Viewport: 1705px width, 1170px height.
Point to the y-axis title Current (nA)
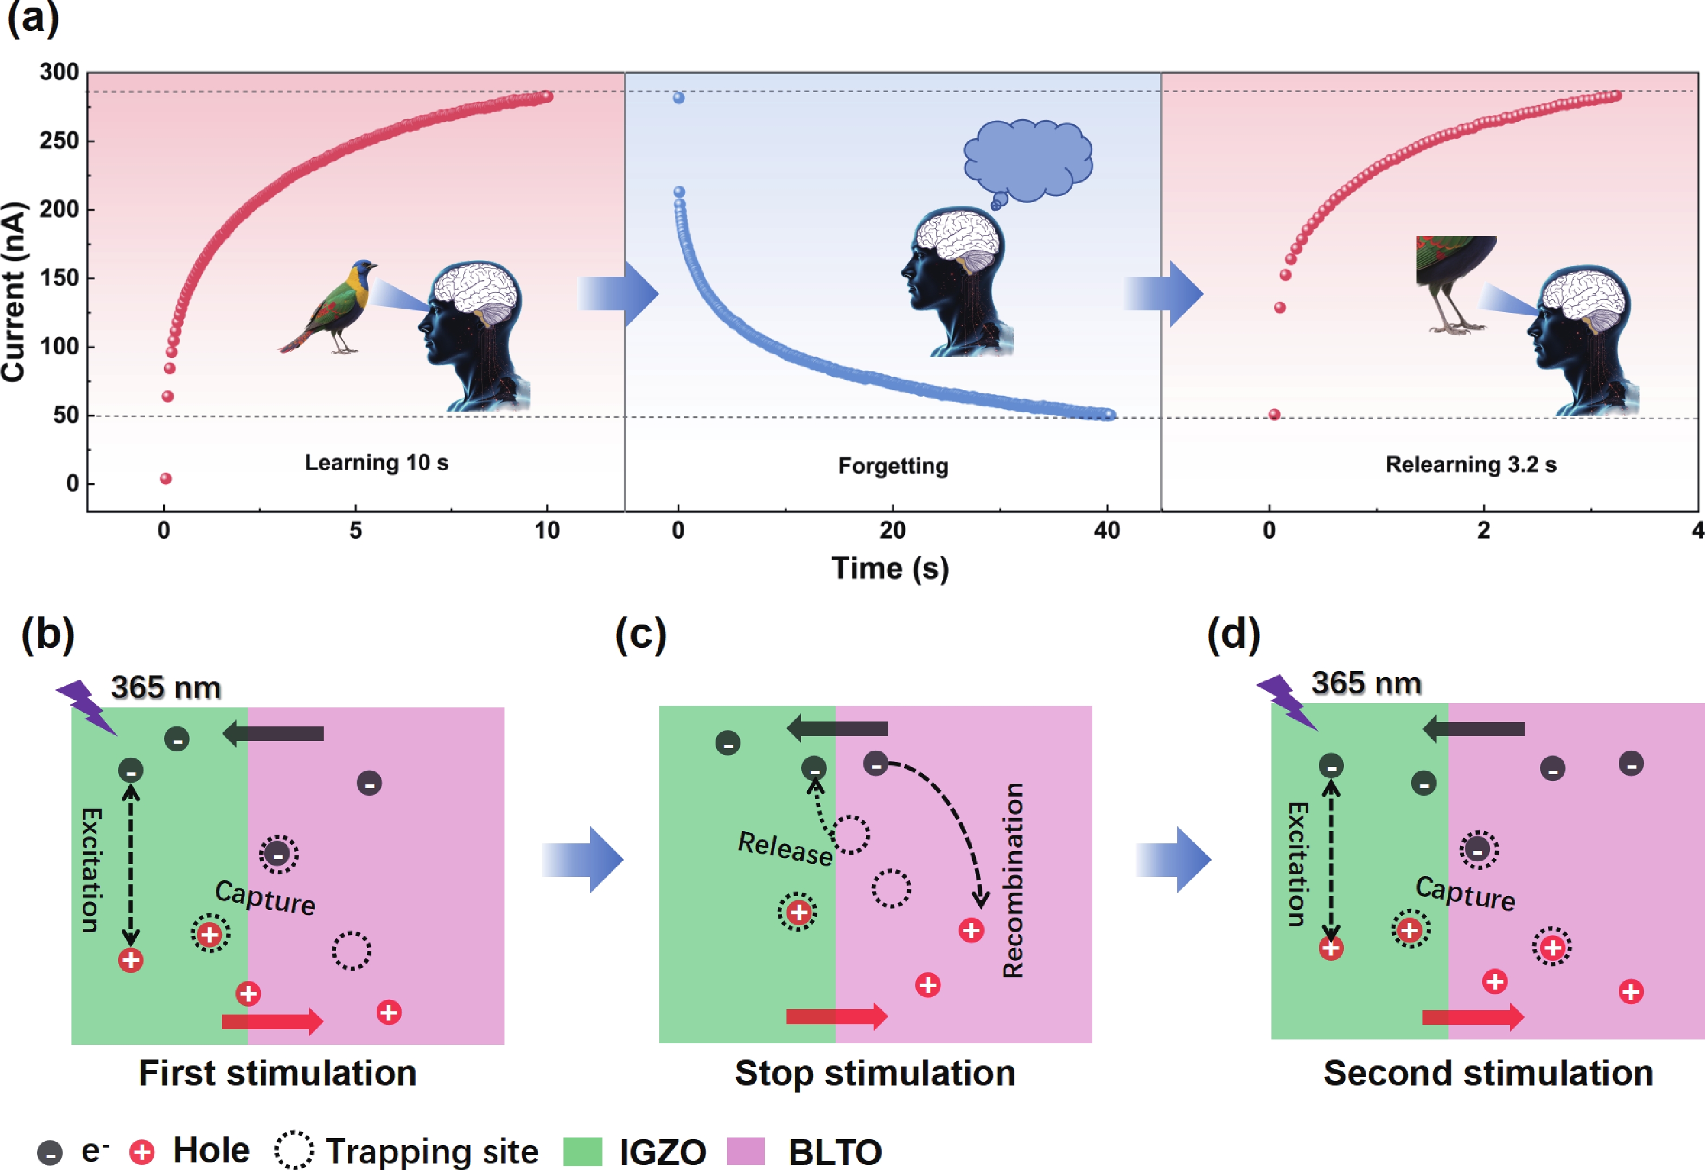pos(14,291)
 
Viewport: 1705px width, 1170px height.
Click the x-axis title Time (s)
pos(890,569)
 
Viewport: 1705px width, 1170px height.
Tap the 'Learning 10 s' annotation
pos(376,463)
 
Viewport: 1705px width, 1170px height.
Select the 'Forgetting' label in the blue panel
pos(893,465)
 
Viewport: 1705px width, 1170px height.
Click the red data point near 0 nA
pos(166,479)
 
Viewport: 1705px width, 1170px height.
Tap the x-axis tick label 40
pos(1106,530)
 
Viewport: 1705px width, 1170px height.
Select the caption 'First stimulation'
pos(277,1073)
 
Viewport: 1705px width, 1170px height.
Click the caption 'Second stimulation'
pos(1488,1073)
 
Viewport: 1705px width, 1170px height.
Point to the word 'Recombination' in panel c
pos(1013,880)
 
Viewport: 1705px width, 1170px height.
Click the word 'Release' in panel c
pos(784,848)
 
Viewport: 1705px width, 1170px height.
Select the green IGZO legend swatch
pos(582,1151)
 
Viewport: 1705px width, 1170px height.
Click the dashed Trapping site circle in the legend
pos(294,1150)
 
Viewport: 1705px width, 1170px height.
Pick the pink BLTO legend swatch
pos(745,1151)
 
